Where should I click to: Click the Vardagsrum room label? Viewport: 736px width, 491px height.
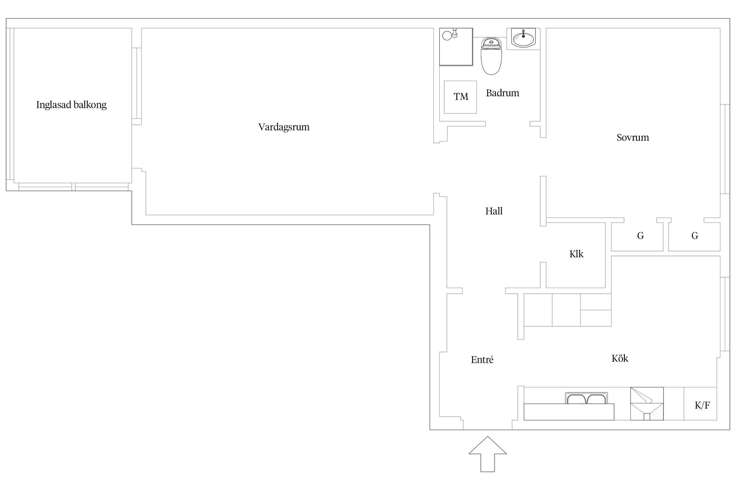coord(284,127)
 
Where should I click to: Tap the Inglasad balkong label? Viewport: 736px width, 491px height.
coord(71,105)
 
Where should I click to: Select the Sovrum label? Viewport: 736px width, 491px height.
coord(632,137)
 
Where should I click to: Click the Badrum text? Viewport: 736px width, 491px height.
coord(502,93)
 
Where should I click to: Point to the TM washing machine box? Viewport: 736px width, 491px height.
coord(460,97)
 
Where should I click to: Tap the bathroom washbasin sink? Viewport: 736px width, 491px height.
coord(523,39)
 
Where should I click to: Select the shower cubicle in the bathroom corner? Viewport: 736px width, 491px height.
coord(456,47)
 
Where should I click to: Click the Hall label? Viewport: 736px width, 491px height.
coord(494,211)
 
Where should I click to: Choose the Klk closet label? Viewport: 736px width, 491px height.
coord(576,254)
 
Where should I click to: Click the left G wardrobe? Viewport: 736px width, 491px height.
coord(640,236)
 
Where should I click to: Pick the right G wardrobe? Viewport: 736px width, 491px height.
coord(695,236)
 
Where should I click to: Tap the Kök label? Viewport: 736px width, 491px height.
coord(619,358)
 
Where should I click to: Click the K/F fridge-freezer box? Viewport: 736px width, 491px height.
coord(702,405)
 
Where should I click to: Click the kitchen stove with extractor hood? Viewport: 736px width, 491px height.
coord(647,404)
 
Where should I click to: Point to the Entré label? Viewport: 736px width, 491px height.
coord(482,360)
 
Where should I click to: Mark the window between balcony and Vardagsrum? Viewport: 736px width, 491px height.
coord(137,86)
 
